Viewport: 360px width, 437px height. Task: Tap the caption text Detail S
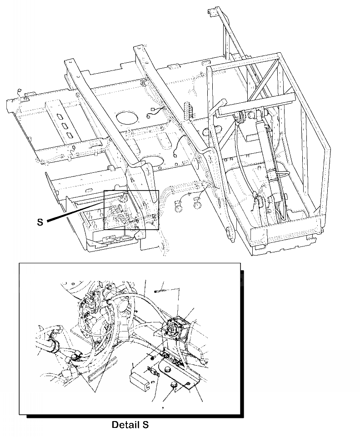pyautogui.click(x=130, y=425)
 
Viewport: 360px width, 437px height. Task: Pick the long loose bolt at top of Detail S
pyautogui.click(x=159, y=286)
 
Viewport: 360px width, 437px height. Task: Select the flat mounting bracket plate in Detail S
pyautogui.click(x=191, y=377)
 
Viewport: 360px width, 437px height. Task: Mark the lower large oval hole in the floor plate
pyautogui.click(x=151, y=161)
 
